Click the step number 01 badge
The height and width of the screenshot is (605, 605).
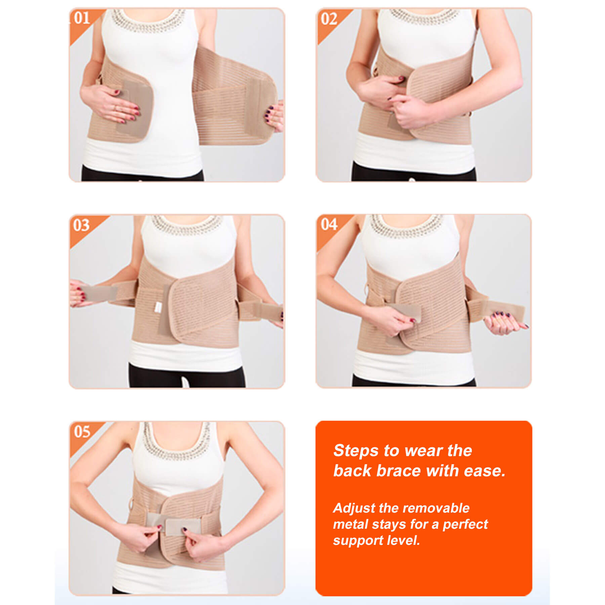[x=82, y=18]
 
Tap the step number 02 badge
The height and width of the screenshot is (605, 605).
[x=329, y=19]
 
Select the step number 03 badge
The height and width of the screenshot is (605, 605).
[x=81, y=225]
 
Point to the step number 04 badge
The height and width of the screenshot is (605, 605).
[x=329, y=225]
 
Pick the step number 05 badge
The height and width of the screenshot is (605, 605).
[x=82, y=432]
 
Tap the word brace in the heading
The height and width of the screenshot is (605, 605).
[x=398, y=471]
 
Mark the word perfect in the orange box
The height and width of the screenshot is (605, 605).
[x=466, y=525]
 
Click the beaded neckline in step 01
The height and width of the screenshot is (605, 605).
[x=149, y=21]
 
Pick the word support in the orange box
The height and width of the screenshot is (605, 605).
[x=358, y=541]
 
